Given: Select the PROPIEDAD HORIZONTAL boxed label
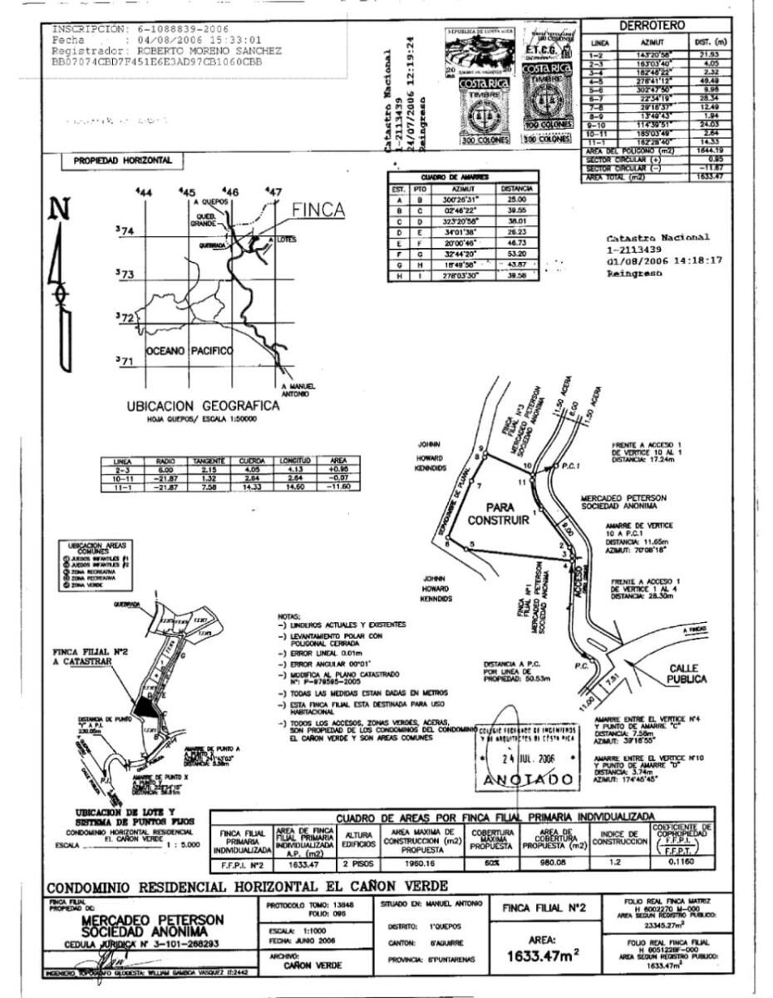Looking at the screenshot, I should (x=122, y=160).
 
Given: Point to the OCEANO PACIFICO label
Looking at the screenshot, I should (x=190, y=351).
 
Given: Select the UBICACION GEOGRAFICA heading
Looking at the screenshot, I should (x=202, y=406).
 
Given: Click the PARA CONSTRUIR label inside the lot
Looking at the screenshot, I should (x=510, y=513).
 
